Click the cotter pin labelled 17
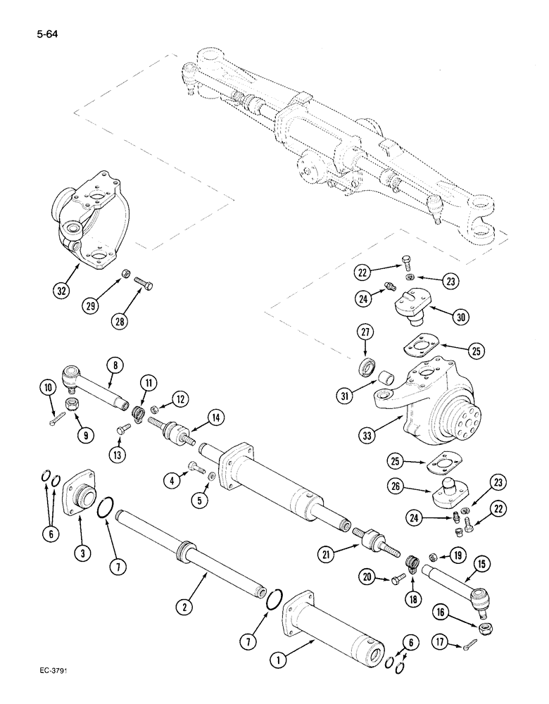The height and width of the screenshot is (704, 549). click(x=470, y=641)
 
